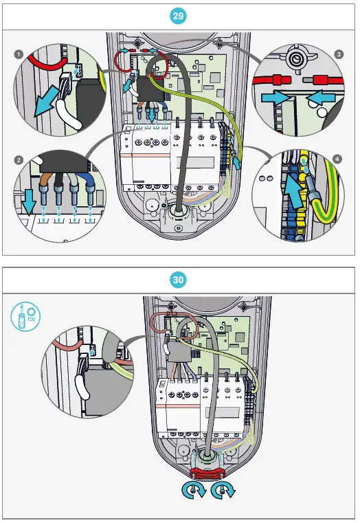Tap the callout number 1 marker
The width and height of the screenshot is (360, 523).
tap(19, 53)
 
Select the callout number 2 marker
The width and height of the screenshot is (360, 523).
tap(19, 159)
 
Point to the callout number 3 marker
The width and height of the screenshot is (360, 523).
tap(339, 53)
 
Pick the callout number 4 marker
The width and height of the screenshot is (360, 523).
tap(337, 159)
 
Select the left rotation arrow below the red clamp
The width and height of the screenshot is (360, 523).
tap(194, 491)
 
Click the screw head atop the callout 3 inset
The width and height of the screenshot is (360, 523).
tap(297, 58)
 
